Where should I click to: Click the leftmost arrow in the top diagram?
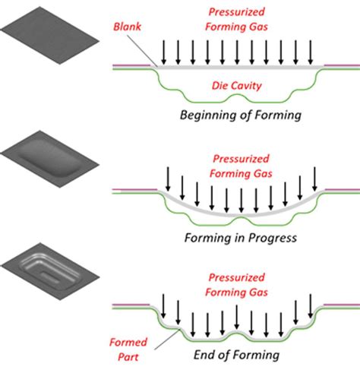[x=161, y=52]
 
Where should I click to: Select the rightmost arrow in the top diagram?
[x=311, y=52]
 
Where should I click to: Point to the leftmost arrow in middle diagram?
[x=166, y=181]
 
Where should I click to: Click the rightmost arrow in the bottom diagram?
[x=310, y=304]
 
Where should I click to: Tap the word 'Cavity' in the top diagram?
[x=247, y=87]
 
